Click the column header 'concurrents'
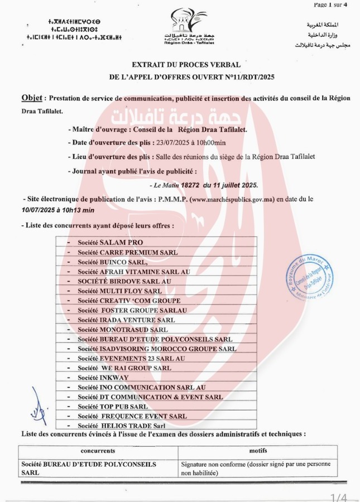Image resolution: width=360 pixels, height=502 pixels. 98,451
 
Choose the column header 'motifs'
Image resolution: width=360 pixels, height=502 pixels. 257,451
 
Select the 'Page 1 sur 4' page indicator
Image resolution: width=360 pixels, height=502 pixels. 330,4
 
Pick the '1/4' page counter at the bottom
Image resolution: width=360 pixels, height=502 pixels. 339,497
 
